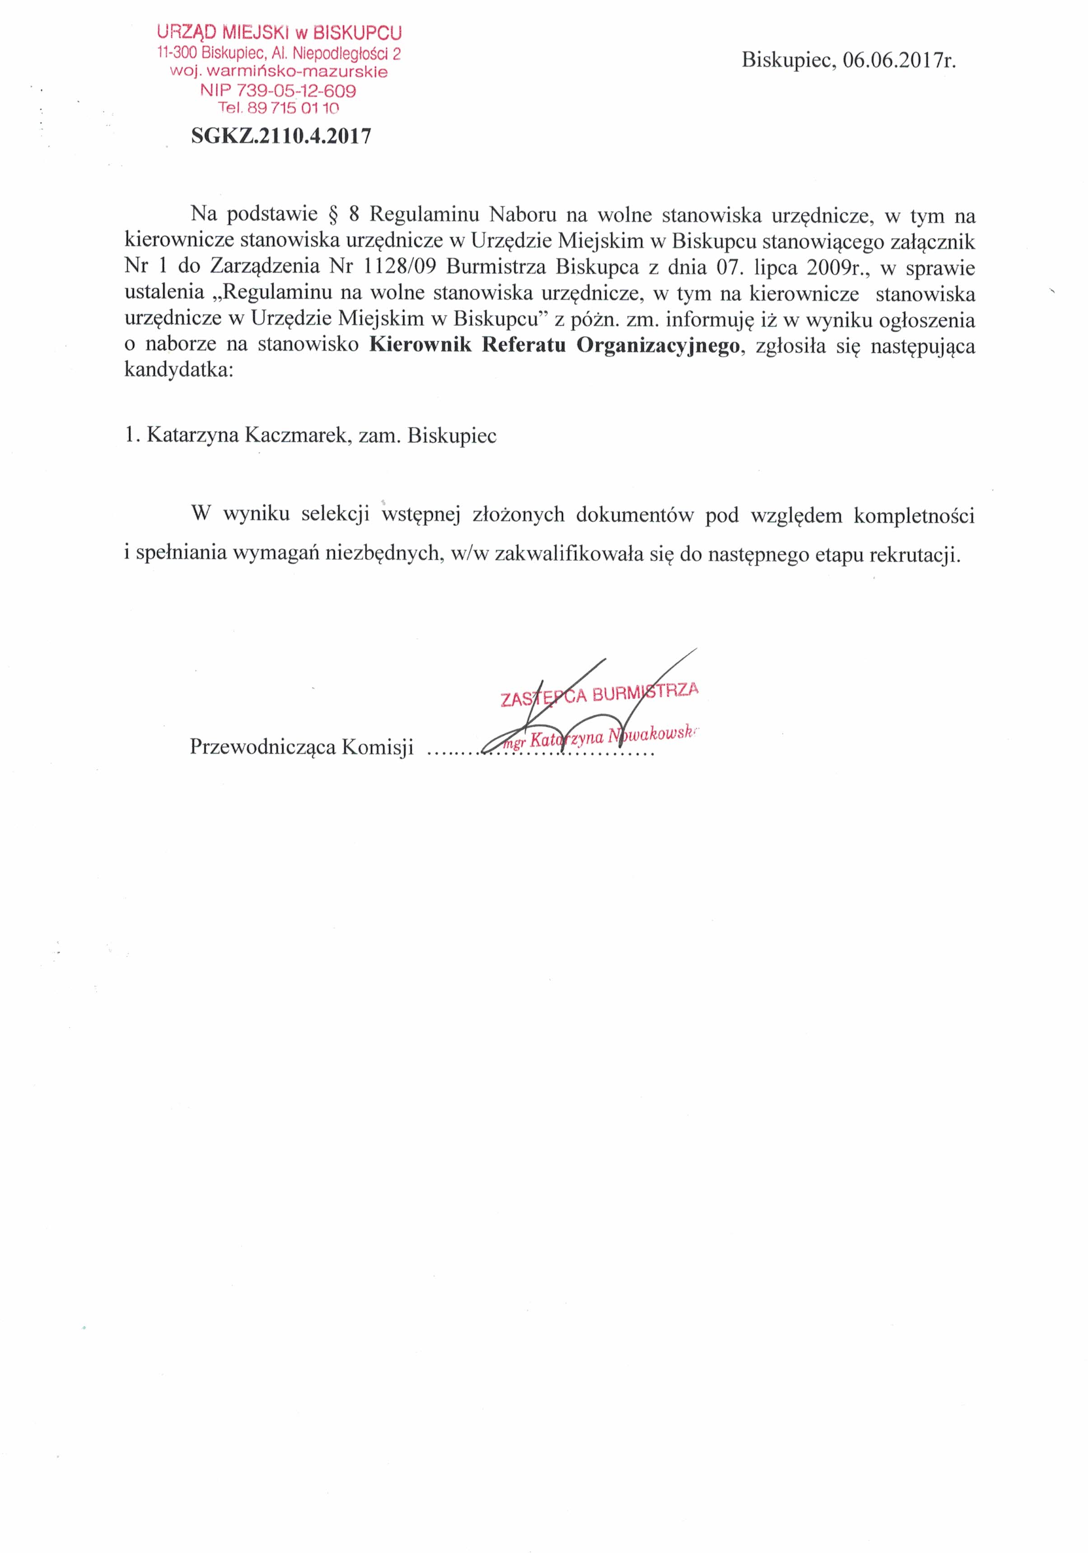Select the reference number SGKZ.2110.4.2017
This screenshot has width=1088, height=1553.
281,136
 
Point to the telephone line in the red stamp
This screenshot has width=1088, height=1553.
278,108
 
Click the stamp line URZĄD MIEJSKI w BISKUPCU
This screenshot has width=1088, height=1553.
279,32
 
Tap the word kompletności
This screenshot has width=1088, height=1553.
914,516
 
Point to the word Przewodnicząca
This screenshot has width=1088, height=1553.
262,747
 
